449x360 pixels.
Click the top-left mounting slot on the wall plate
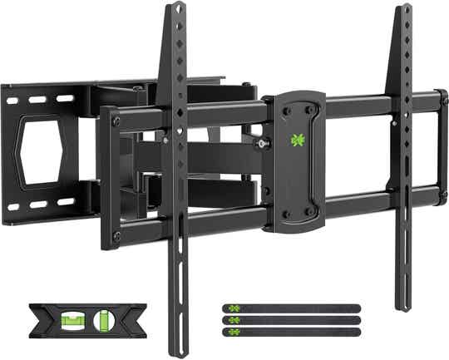12,101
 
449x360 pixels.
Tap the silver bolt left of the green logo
264,145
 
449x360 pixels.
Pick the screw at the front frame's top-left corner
116,121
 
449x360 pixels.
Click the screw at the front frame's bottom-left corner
116,236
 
